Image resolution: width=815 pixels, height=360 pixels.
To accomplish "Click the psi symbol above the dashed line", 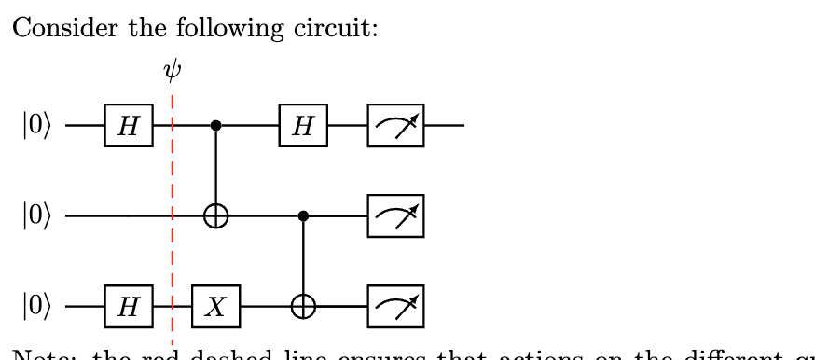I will tap(171, 72).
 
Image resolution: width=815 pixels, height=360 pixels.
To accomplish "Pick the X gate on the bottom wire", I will tap(215, 306).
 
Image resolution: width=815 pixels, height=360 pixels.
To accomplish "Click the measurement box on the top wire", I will tap(395, 125).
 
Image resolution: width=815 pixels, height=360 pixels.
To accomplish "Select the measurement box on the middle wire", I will tap(395, 216).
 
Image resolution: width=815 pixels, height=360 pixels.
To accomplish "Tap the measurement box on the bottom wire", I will tap(395, 306).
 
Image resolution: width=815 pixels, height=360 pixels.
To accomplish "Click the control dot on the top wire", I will tap(216, 125).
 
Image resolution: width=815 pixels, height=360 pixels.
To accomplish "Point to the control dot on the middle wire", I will tap(303, 216).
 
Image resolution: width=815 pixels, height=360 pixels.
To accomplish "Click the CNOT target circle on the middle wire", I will tap(216, 216).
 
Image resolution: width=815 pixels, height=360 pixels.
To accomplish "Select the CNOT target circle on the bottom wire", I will tap(303, 306).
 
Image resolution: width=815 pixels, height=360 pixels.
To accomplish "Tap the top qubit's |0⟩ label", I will tap(37, 125).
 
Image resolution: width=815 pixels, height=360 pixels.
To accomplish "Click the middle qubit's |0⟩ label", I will tap(37, 216).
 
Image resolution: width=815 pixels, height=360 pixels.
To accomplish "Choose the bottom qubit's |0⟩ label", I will tap(37, 306).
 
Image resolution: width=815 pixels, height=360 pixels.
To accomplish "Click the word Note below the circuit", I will tap(37, 354).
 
